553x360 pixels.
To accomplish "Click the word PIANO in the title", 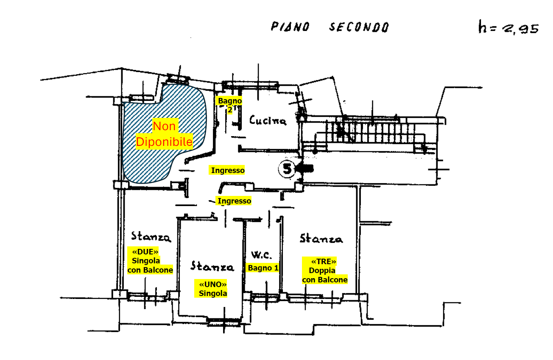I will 290,27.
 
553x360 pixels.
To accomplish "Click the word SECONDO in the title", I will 359,28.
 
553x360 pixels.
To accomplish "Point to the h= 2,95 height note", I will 508,28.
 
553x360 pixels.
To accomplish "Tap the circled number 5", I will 287,169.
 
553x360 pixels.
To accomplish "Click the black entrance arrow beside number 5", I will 305,169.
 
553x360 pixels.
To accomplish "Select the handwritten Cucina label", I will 268,120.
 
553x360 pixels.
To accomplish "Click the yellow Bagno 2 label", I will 230,105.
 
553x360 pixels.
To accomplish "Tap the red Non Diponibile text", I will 164,134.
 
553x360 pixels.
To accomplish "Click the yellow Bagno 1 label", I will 263,268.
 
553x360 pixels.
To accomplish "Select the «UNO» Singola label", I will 212,288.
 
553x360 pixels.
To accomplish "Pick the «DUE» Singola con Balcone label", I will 150,260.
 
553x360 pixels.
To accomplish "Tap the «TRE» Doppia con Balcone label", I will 324,270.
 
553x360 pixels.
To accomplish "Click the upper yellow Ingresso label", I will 228,170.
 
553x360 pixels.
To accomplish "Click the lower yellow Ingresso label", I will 234,201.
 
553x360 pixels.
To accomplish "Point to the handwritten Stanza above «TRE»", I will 321,238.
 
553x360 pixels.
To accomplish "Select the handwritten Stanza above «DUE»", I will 151,237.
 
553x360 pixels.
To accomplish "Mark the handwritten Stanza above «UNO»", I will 212,266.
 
